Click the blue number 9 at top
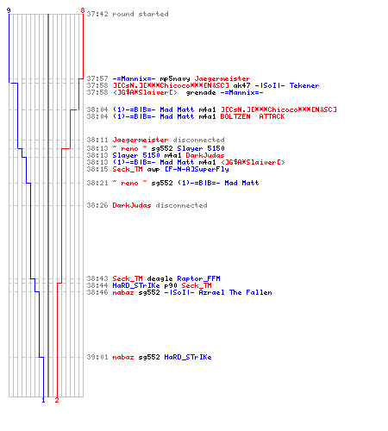(x=9, y=10)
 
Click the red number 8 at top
(x=83, y=10)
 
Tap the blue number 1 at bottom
(x=43, y=400)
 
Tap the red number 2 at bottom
(x=57, y=400)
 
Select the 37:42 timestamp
(x=97, y=14)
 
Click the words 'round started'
(x=141, y=14)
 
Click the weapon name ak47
(x=241, y=85)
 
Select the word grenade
(x=201, y=93)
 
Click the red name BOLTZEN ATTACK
(x=253, y=116)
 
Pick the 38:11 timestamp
(x=97, y=140)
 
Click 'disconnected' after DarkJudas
(x=181, y=205)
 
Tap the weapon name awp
(x=153, y=170)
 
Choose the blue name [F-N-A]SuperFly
(x=197, y=169)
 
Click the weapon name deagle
(x=160, y=278)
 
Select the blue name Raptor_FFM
(x=198, y=278)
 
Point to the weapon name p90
(x=171, y=286)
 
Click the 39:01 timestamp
(x=97, y=357)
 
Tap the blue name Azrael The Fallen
(x=235, y=292)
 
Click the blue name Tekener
(x=304, y=85)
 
